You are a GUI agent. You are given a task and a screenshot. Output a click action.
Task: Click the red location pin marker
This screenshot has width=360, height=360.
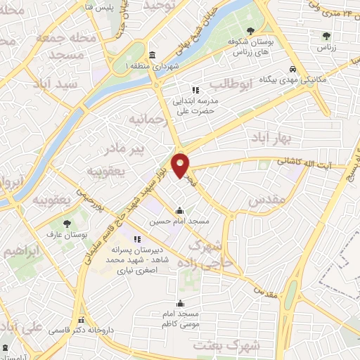(181, 165)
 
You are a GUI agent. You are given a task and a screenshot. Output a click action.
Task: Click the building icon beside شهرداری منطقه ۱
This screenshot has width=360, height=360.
(153, 56)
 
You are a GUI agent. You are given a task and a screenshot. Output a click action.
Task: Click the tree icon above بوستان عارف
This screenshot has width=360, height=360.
(67, 223)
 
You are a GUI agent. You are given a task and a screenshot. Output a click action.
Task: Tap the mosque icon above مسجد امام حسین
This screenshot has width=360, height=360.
(180, 210)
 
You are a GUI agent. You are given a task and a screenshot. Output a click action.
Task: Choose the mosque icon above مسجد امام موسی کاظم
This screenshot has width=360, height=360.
(181, 304)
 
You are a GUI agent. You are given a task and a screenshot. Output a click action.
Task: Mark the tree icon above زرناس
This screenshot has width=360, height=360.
(326, 36)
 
